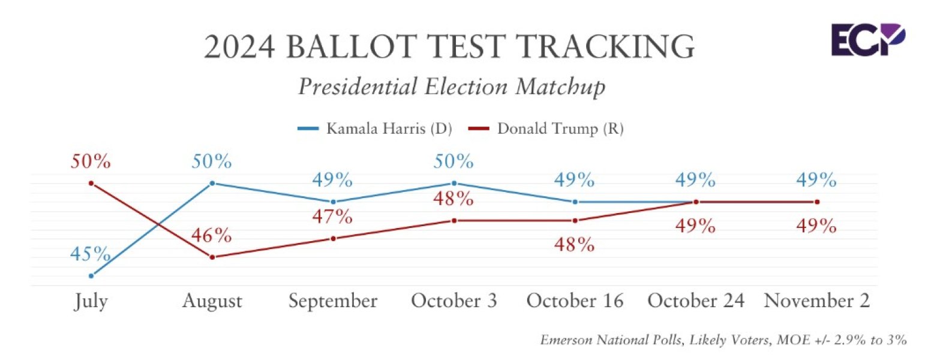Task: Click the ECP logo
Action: [x=867, y=40]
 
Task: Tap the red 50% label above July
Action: [x=91, y=161]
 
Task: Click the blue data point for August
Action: [x=212, y=183]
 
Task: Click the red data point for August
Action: [x=212, y=257]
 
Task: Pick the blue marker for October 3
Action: [x=454, y=183]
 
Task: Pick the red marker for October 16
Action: [x=575, y=220]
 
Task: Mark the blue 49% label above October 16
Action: [x=575, y=179]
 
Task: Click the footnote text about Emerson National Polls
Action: [x=723, y=340]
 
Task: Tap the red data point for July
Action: [x=91, y=183]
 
